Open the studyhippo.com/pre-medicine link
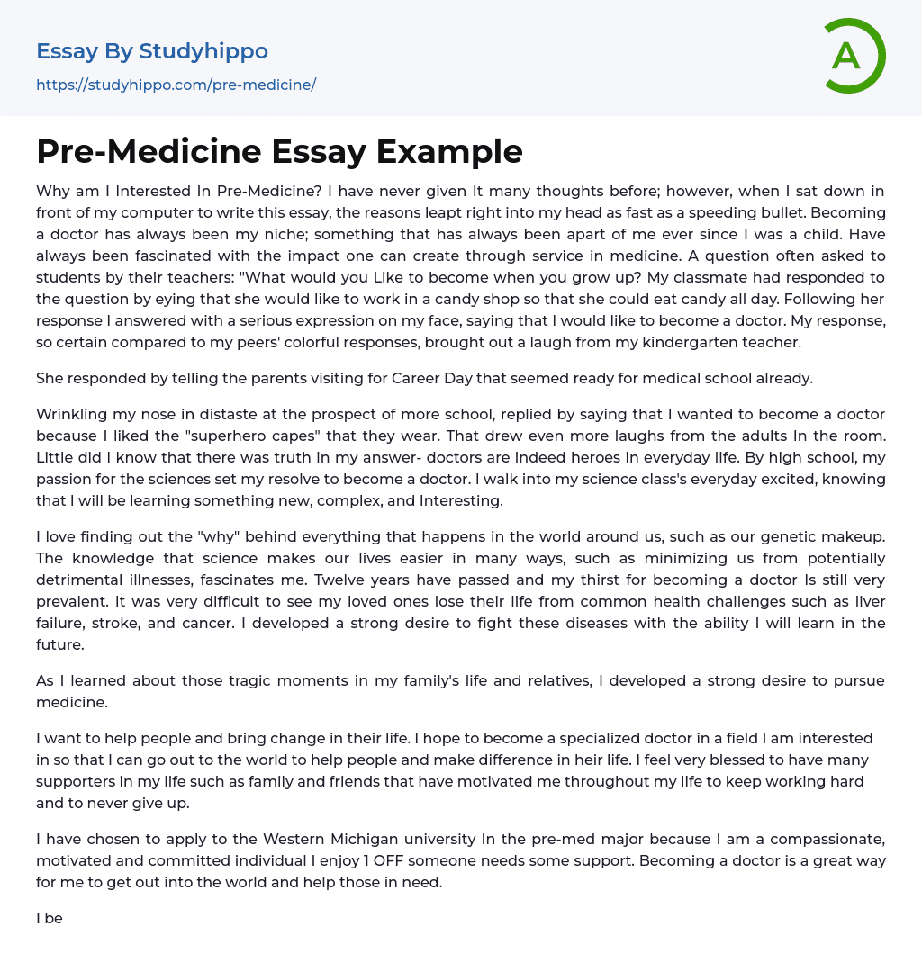click(176, 85)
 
